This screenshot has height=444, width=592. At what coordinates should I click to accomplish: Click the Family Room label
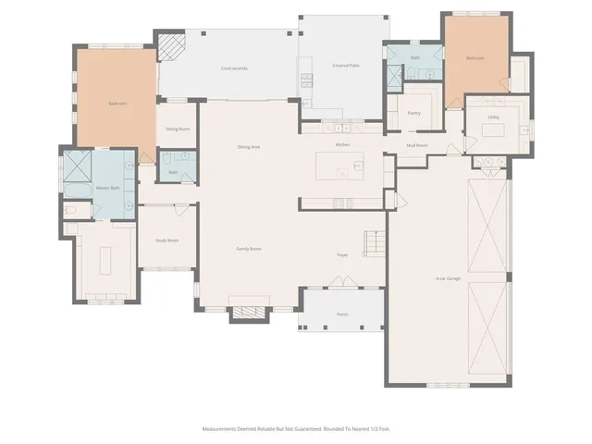click(x=249, y=249)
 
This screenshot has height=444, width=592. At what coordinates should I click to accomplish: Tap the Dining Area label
click(x=248, y=147)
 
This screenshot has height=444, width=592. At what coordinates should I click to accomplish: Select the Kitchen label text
click(x=342, y=145)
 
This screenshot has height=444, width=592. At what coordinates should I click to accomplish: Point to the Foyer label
click(x=341, y=253)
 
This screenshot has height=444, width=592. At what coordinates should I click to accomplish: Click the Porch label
click(x=342, y=314)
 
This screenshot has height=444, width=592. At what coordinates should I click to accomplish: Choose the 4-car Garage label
click(x=449, y=278)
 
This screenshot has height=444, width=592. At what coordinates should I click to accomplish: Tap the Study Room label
click(x=166, y=240)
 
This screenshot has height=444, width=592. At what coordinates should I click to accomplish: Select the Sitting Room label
click(x=178, y=129)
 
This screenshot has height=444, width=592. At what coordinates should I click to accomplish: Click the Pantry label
click(x=415, y=113)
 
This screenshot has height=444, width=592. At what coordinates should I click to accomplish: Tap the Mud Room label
click(x=416, y=145)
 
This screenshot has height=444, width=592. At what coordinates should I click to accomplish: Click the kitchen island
click(x=339, y=167)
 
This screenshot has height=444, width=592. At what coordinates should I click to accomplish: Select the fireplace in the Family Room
click(x=247, y=313)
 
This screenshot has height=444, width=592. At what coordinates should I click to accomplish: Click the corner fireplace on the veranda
click(x=169, y=46)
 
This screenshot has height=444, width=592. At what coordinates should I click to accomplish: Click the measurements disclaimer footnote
click(x=296, y=428)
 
